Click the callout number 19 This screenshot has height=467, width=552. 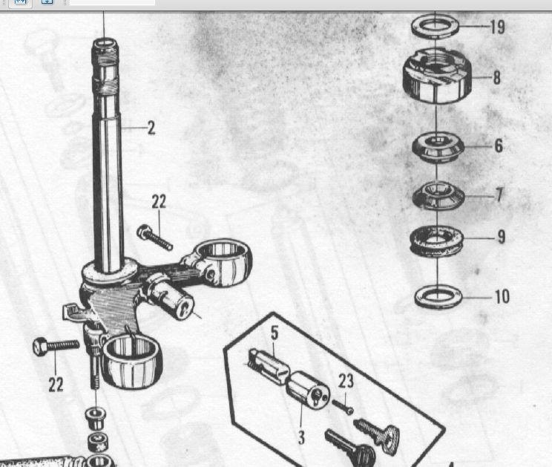click(x=498, y=27)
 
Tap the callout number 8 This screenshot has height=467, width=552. click(x=497, y=77)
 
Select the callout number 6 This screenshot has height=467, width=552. click(x=499, y=146)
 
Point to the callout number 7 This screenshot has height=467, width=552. click(x=499, y=195)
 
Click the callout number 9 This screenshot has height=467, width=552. click(x=502, y=237)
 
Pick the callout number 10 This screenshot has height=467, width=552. click(x=502, y=297)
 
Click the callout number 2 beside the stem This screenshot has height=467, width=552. click(x=151, y=128)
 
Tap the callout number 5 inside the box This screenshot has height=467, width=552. click(x=275, y=333)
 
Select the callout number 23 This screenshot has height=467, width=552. click(x=346, y=381)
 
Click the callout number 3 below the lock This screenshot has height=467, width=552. click(x=301, y=437)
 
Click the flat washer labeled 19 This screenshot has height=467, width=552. click(x=435, y=26)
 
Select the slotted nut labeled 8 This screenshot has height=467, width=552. click(x=437, y=76)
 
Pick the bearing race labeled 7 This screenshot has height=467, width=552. click(x=438, y=196)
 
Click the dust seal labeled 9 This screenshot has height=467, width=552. click(x=436, y=241)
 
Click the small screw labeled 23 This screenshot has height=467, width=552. click(x=343, y=406)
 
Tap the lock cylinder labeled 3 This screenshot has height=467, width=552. click(x=307, y=390)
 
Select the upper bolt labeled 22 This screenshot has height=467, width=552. click(x=154, y=237)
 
